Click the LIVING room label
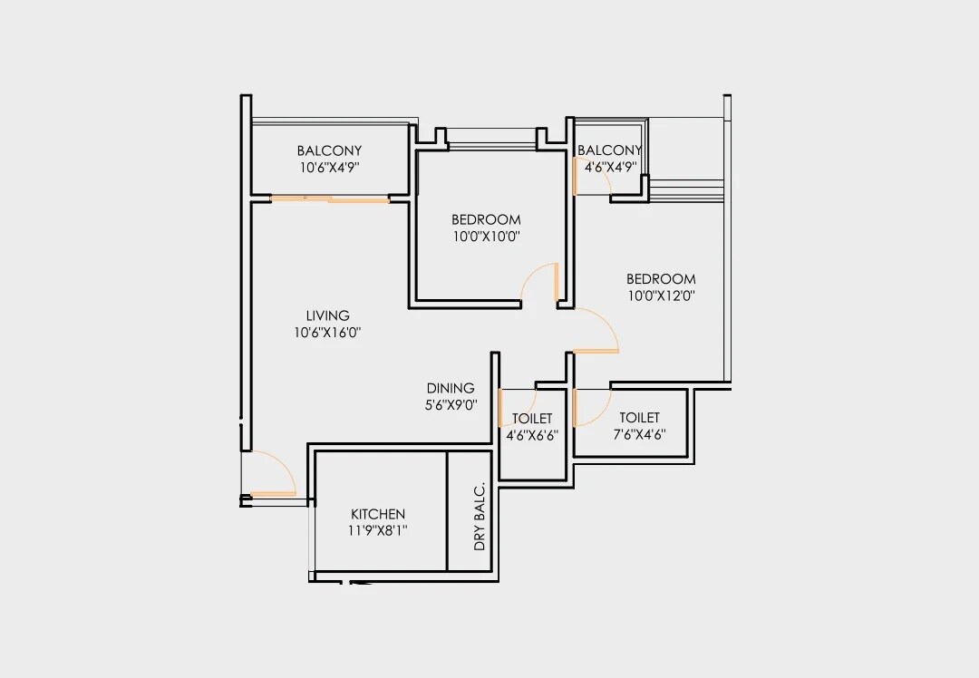[327, 315]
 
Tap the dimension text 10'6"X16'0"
[327, 333]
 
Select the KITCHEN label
[378, 514]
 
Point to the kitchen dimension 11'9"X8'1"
[378, 531]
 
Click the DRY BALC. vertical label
[480, 518]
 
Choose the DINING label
[451, 388]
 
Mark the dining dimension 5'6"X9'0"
[451, 405]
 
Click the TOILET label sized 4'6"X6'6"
[532, 418]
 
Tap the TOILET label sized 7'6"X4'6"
[639, 417]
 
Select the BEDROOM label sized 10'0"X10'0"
[486, 219]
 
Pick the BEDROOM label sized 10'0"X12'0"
[661, 278]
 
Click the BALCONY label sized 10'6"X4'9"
[329, 150]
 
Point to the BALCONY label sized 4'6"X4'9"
[609, 150]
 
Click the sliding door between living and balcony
[330, 199]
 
